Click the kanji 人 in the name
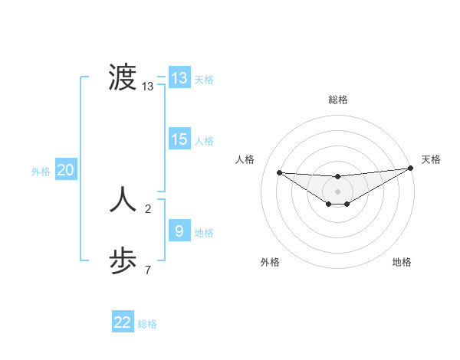pos(123,200)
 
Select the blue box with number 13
pos(179,78)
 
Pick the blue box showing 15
pos(179,139)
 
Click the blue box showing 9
pos(179,231)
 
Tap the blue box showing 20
pos(65,170)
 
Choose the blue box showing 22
pos(123,322)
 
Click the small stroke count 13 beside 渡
pos(148,87)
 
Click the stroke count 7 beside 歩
pos(148,270)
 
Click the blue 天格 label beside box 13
pos(204,80)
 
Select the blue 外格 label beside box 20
pos(41,172)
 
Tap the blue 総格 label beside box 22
pos(147,324)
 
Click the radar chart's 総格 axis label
pos(338,100)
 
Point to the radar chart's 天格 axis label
pos(431,159)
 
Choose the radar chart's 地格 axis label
pos(402,262)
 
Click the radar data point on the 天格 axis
pos(410,169)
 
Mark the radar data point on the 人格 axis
pos(279,172)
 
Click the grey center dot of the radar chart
pos(338,191)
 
